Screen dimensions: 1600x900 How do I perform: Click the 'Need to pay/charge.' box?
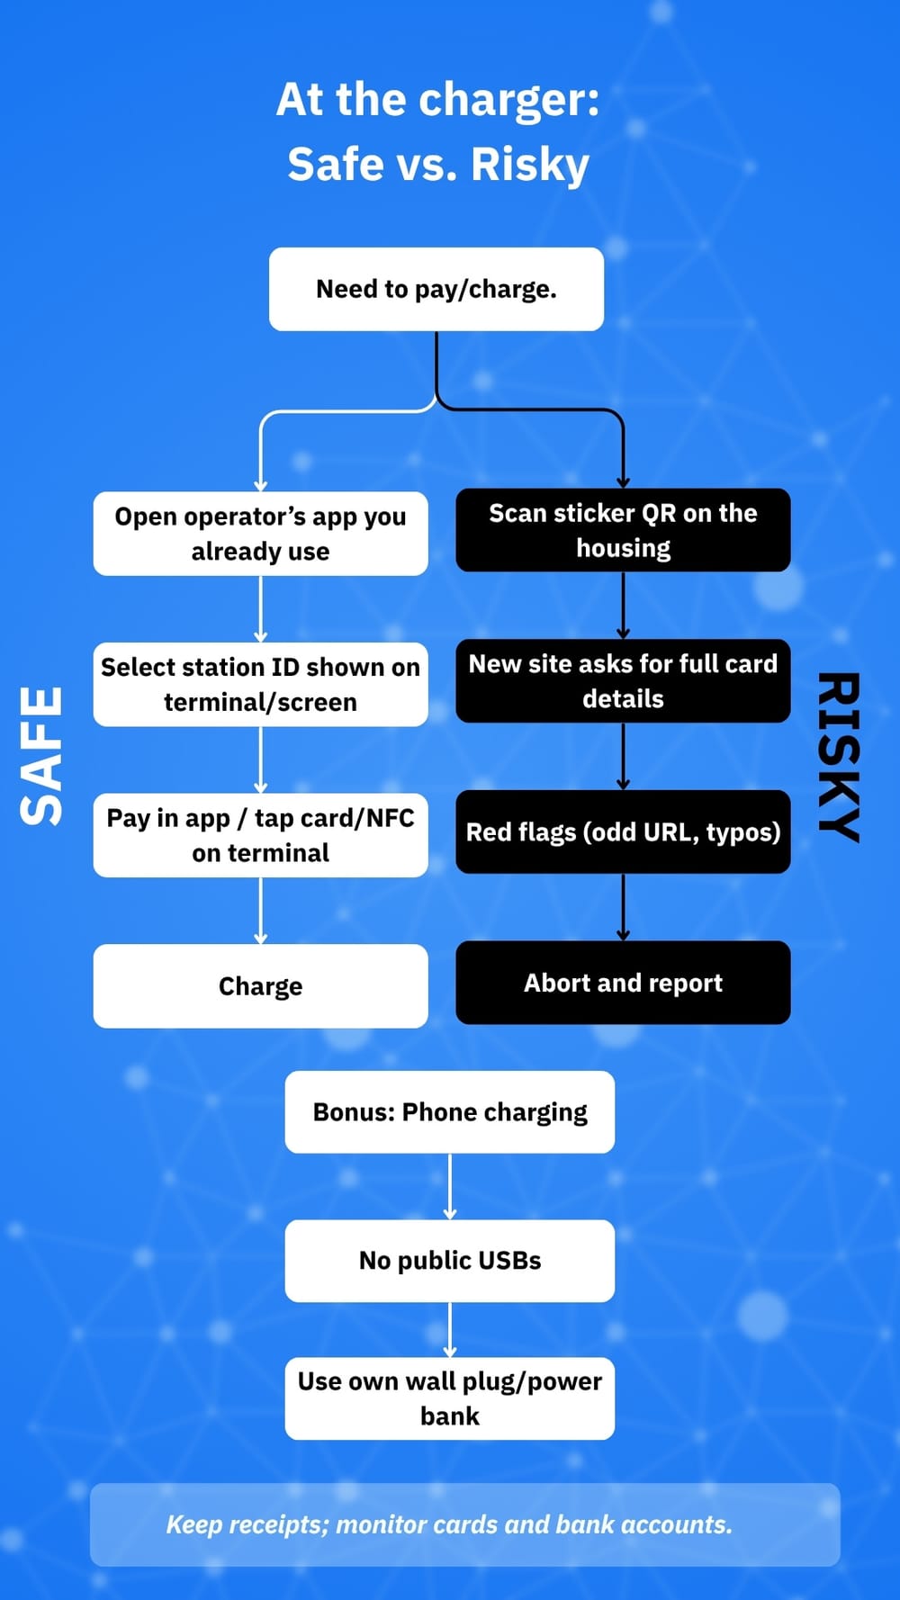436,289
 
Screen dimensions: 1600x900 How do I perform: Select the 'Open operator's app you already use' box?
260,534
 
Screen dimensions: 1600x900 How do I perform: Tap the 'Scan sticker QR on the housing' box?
623,530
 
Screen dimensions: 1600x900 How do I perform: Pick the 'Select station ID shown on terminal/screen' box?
260,684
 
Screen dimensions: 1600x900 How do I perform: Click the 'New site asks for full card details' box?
623,680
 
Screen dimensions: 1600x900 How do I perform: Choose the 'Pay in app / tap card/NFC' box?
260,835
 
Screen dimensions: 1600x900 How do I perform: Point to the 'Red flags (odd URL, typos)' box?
623,831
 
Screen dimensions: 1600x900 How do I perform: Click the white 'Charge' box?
260,986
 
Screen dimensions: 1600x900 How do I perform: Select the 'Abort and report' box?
623,983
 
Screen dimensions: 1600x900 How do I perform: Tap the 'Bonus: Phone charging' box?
450,1112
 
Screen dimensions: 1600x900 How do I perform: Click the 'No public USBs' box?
450,1261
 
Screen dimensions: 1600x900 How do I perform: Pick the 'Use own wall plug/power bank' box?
450,1398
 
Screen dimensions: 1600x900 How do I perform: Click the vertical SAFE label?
42,756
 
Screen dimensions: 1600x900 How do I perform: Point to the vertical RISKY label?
839,756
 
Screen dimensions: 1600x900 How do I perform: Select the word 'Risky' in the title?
529,165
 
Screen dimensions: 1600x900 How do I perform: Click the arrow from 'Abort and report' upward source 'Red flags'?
623,907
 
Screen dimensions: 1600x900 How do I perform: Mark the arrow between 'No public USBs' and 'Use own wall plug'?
450,1329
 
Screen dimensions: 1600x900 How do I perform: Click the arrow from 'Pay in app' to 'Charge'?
260,911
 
